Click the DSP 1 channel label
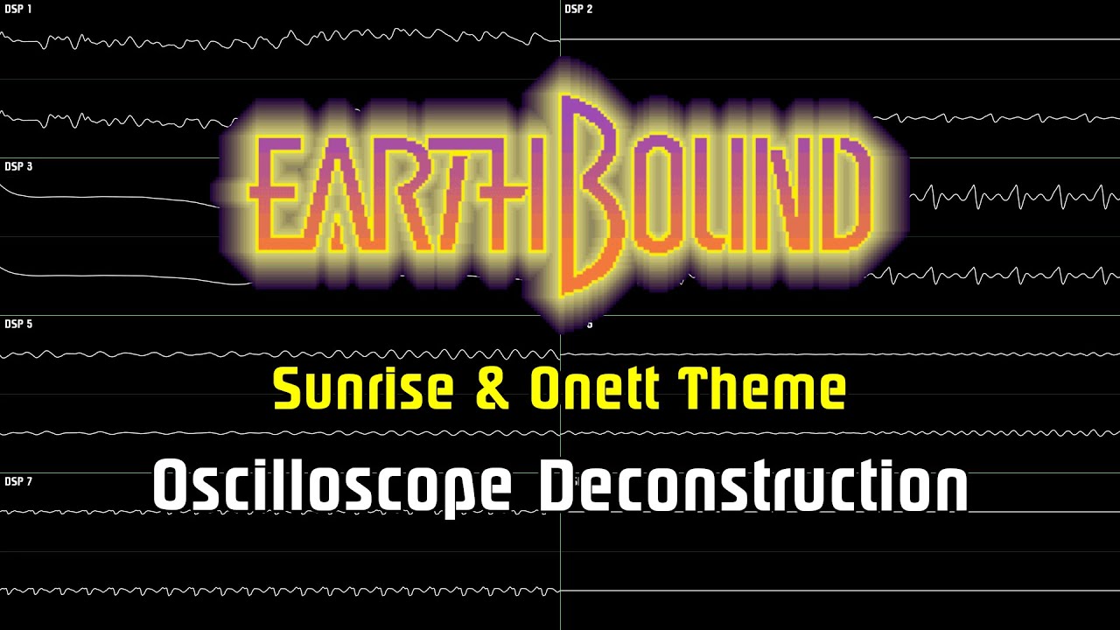point(17,10)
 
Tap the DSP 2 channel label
point(578,10)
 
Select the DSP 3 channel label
point(17,166)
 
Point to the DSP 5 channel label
point(17,325)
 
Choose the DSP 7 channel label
point(17,482)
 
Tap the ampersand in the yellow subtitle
point(493,390)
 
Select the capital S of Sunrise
point(288,389)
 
